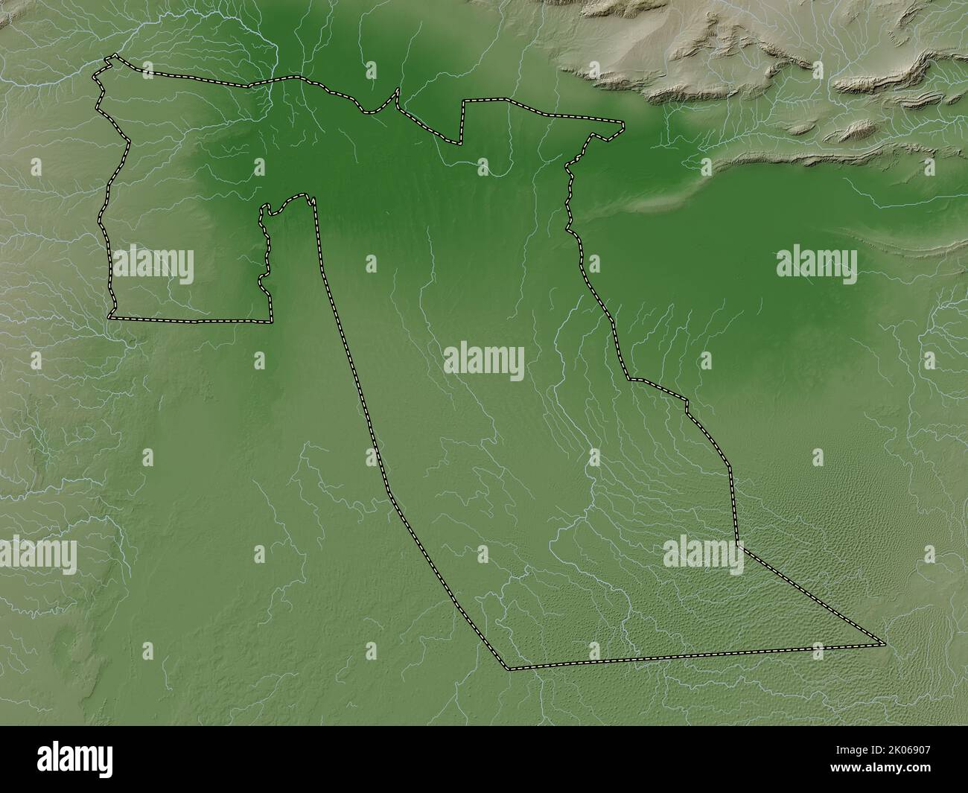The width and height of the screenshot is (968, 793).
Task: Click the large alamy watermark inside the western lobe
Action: click(x=153, y=266)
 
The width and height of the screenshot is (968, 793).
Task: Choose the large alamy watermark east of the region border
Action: click(x=816, y=266)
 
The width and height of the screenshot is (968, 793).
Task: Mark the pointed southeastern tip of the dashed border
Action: click(x=884, y=643)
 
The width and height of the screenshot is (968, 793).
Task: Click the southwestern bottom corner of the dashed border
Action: click(x=509, y=668)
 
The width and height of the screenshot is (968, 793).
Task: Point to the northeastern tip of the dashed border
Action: click(x=622, y=123)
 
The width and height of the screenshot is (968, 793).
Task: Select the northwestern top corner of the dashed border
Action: click(x=112, y=57)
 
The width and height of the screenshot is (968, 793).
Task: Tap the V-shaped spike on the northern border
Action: click(x=398, y=91)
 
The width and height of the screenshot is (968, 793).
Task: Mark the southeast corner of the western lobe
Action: click(x=270, y=321)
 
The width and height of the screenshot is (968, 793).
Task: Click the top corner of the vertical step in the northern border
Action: click(x=464, y=101)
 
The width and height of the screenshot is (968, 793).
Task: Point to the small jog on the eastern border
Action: click(x=685, y=406)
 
